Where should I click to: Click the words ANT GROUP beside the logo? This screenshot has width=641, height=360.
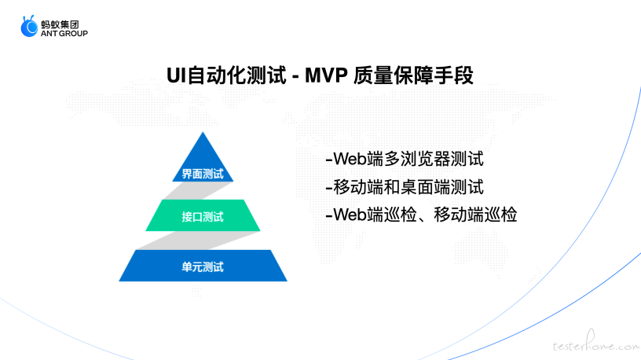(64, 34)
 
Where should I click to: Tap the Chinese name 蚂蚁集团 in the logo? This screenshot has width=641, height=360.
(60, 24)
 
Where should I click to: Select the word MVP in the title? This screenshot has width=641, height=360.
(326, 75)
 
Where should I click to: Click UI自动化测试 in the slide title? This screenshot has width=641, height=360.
(226, 75)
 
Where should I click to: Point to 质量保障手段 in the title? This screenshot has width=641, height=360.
(413, 75)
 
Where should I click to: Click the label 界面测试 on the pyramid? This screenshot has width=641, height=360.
(203, 174)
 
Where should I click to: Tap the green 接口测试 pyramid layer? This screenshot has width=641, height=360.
(203, 215)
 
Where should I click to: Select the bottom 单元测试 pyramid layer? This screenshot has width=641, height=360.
(203, 266)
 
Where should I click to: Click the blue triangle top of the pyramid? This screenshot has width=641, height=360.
(203, 160)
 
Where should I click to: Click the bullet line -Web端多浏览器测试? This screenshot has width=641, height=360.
(405, 159)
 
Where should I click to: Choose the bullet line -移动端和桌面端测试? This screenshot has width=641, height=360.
(405, 187)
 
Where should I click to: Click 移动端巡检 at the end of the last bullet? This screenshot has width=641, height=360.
(475, 215)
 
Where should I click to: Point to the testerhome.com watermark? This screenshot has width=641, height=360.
(596, 343)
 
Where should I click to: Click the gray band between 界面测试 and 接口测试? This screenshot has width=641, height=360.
(198, 191)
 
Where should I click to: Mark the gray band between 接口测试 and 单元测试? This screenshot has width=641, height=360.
(198, 241)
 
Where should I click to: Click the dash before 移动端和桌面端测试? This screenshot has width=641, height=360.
(328, 188)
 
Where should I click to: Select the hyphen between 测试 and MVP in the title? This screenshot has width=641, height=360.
(295, 77)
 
